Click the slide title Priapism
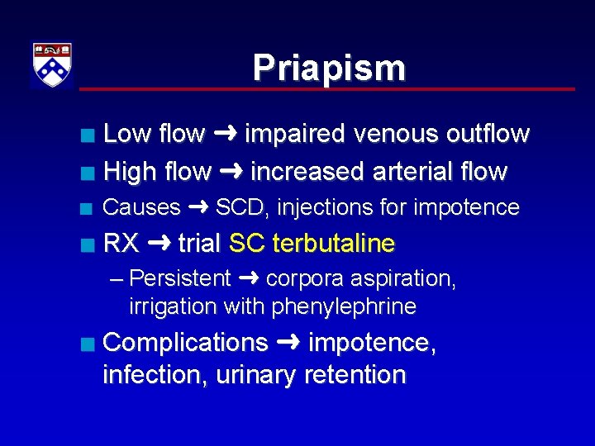pyautogui.click(x=329, y=68)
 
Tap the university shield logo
pyautogui.click(x=52, y=64)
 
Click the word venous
pyautogui.click(x=393, y=134)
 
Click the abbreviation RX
pyautogui.click(x=121, y=244)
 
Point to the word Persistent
pyautogui.click(x=180, y=279)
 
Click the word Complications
pyautogui.click(x=186, y=343)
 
